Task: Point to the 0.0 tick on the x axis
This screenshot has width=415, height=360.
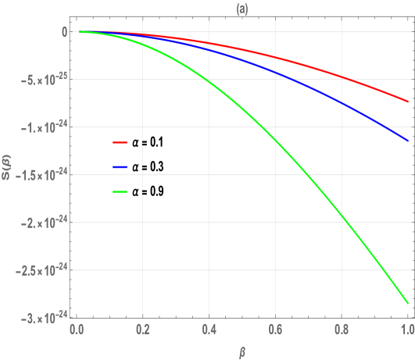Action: [x=77, y=330]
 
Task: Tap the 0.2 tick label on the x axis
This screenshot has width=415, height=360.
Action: [x=143, y=330]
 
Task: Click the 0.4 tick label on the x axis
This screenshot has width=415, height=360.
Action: [x=209, y=330]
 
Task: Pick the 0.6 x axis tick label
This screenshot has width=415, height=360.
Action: [x=275, y=330]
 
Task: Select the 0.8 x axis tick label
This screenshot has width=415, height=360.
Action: [x=342, y=330]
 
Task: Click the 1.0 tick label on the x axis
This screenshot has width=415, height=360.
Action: [x=406, y=330]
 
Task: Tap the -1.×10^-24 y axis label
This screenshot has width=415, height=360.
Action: [x=42, y=127]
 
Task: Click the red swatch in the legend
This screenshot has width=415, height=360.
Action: [x=120, y=143]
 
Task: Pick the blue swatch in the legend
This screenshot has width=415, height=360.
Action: [x=120, y=167]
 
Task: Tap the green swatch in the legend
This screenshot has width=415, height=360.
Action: [x=120, y=191]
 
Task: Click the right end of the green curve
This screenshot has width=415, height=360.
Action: [x=407, y=302]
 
